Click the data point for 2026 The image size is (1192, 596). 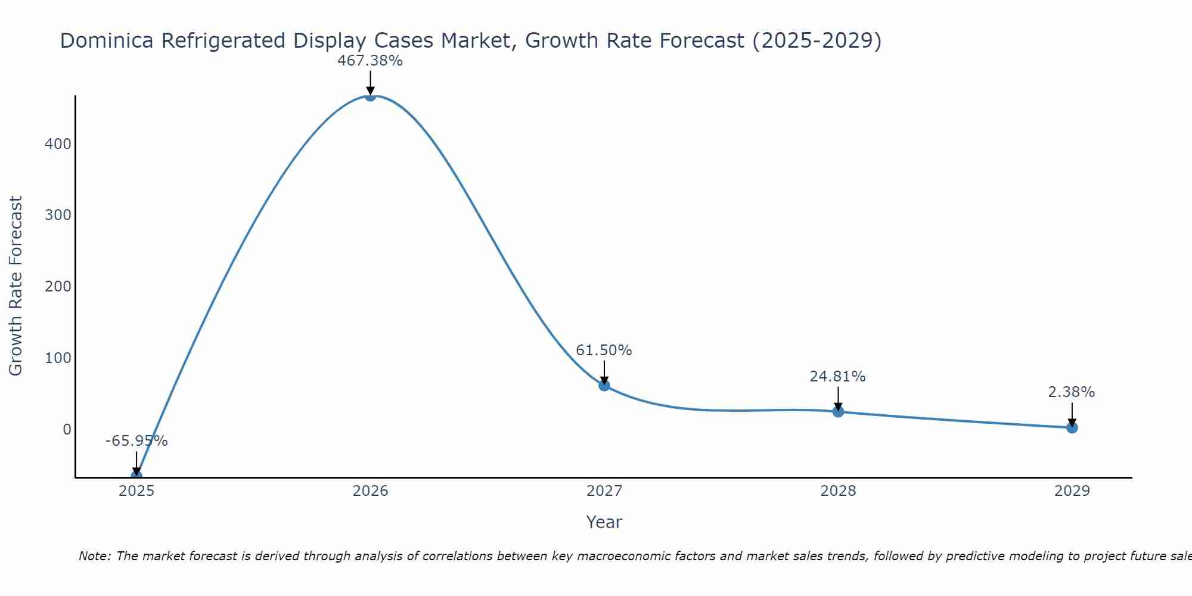click(x=370, y=96)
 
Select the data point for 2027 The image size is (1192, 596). click(x=604, y=385)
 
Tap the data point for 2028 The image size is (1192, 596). click(x=838, y=411)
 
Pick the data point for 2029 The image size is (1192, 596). click(x=1072, y=427)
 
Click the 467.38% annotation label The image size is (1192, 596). click(x=370, y=61)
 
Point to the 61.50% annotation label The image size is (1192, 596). click(x=604, y=350)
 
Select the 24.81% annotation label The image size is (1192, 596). click(x=837, y=377)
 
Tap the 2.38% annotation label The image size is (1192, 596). click(x=1071, y=392)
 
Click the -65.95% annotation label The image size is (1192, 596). click(x=136, y=441)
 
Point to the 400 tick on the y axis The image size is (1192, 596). click(x=58, y=144)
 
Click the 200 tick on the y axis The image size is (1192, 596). click(x=58, y=287)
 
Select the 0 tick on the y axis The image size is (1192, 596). click(x=67, y=430)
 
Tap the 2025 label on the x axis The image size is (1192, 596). click(x=136, y=491)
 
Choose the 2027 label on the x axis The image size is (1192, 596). click(x=604, y=491)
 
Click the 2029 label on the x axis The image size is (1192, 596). click(x=1072, y=491)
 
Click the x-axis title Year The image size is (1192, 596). click(x=604, y=522)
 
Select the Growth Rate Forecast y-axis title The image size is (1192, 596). click(x=16, y=286)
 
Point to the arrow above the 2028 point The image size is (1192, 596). click(x=838, y=398)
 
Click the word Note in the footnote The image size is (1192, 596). click(x=94, y=556)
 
